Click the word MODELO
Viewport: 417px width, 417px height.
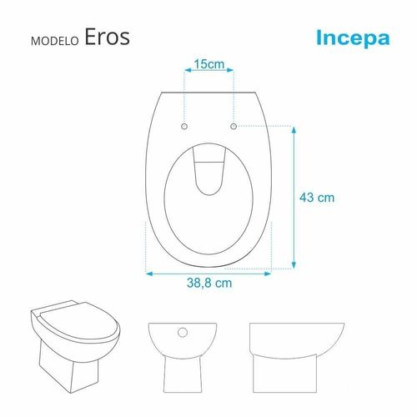(x=55, y=41)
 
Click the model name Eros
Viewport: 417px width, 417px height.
(x=107, y=37)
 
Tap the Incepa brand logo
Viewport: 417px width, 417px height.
(x=353, y=38)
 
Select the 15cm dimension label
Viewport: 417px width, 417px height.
(x=209, y=64)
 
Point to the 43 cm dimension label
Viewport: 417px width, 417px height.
(x=317, y=198)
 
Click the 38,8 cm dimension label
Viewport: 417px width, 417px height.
(x=209, y=283)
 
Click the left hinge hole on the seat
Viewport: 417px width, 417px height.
(x=184, y=127)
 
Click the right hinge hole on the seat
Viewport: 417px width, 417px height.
(x=234, y=126)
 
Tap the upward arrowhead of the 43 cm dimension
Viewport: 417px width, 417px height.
(x=294, y=130)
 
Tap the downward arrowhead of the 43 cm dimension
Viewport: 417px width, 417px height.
(x=294, y=265)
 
